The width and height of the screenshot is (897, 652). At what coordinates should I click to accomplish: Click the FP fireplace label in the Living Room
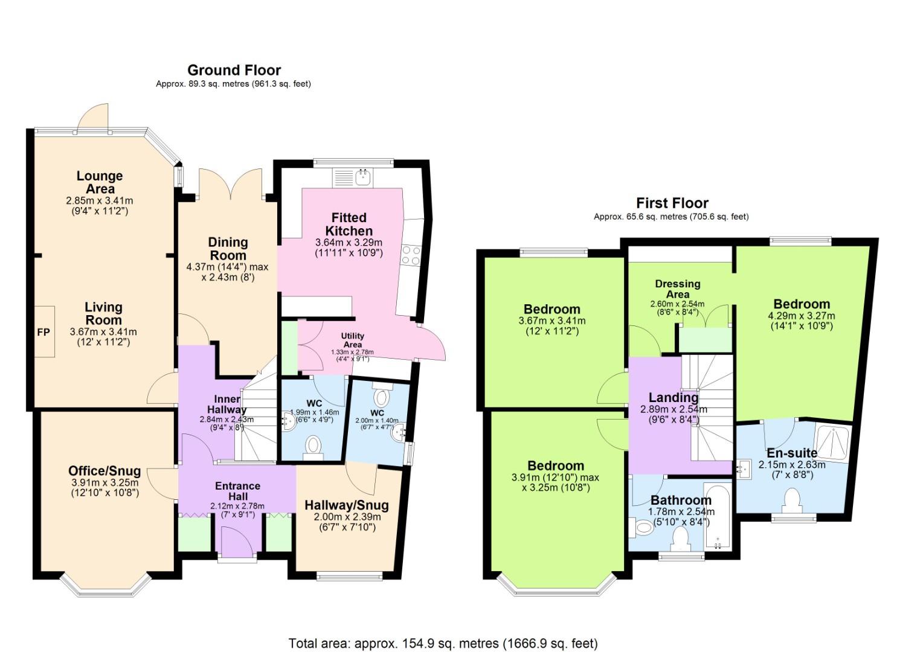point(43,332)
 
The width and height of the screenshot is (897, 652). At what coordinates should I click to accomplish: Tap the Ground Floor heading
point(234,70)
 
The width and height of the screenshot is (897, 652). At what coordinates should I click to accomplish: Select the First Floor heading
point(672,203)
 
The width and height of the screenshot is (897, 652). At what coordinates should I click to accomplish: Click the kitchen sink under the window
point(363,177)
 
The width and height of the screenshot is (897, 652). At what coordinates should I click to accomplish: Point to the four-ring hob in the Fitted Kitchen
point(411,254)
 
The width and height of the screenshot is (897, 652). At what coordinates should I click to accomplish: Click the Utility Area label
point(352,340)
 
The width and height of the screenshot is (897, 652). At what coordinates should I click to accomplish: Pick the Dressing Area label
point(677,289)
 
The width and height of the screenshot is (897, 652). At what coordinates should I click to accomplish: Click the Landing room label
point(673,397)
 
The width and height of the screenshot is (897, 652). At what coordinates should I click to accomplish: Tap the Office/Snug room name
point(104,471)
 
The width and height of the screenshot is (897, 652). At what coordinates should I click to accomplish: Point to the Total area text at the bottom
point(443,643)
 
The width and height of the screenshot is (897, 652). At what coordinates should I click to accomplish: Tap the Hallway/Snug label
point(346,505)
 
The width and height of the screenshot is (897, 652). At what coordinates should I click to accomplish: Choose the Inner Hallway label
point(227,404)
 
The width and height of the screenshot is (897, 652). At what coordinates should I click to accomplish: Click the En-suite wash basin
point(742,468)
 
